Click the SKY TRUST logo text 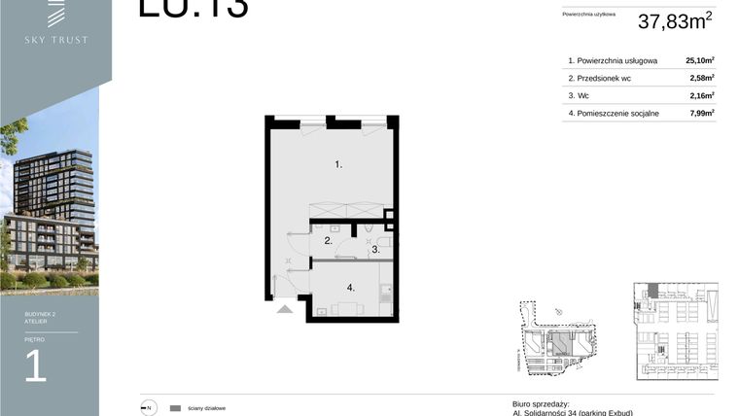click(x=55, y=40)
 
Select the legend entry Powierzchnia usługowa click(x=616, y=60)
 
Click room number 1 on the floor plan click(x=338, y=165)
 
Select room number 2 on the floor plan click(x=329, y=240)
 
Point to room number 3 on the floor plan click(x=374, y=250)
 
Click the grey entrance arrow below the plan click(x=284, y=308)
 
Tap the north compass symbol click(x=148, y=408)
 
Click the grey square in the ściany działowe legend click(x=175, y=408)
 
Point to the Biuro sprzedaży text click(x=540, y=403)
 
